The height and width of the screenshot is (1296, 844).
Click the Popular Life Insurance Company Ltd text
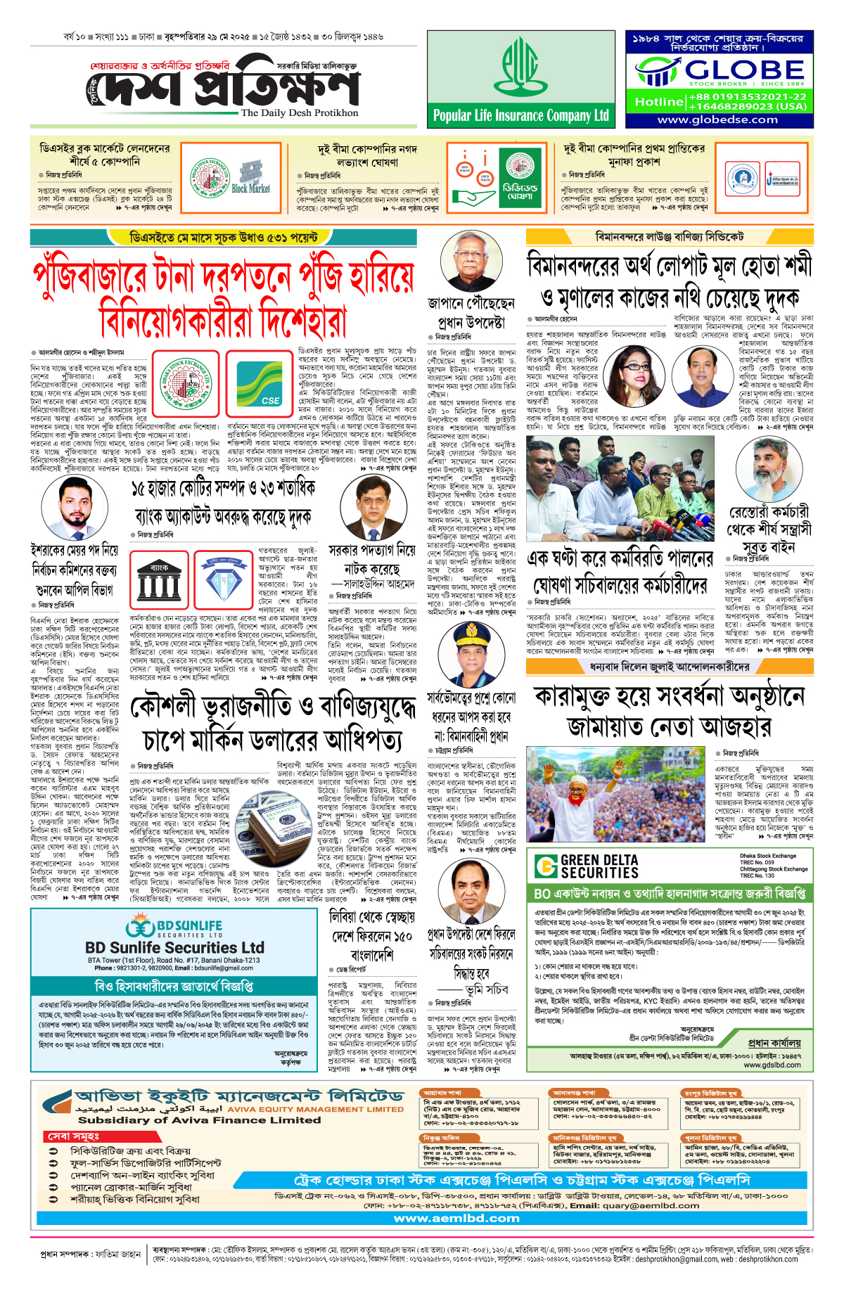[520, 116]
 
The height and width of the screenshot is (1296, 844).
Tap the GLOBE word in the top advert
[744, 70]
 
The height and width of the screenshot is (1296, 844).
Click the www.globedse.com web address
[717, 120]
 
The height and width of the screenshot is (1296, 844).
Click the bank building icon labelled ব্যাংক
[159, 581]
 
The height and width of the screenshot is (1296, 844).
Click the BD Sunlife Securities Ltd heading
[174, 947]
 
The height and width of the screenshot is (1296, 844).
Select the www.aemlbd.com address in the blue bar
[456, 1218]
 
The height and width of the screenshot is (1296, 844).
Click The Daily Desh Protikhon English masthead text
[299, 113]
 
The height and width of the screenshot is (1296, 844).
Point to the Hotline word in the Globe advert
[658, 102]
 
